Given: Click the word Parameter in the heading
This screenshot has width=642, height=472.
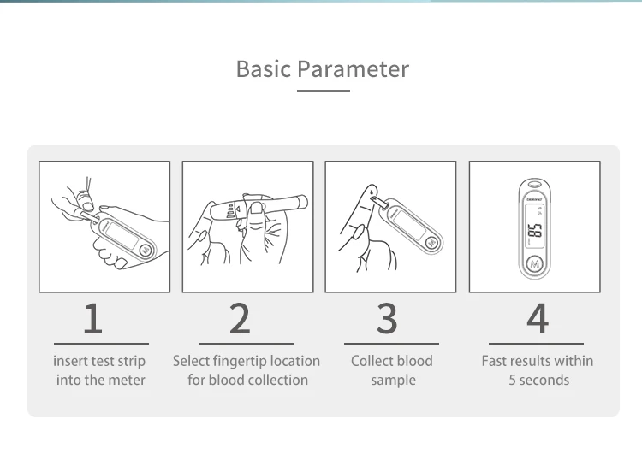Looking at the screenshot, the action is pos(353,68).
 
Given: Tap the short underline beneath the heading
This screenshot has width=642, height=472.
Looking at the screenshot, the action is pos(324,91).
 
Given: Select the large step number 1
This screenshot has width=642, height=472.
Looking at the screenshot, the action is pos(93,319).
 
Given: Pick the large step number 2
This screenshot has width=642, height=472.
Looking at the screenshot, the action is pos(240,319).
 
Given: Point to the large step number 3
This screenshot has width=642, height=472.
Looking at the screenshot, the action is pos(387,319).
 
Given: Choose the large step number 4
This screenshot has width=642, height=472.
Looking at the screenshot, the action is pos(538,319).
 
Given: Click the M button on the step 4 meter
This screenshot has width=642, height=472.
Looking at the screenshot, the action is pos(535,264).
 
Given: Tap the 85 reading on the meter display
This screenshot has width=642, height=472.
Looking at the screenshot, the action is pos(535,231).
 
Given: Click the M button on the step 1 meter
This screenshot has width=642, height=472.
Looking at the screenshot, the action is pos(146,250).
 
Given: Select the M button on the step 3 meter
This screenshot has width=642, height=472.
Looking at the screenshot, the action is pos(432,243).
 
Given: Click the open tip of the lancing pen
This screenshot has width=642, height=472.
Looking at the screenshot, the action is pos(304,202).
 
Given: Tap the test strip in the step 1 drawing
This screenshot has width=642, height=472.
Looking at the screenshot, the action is pos(87,216).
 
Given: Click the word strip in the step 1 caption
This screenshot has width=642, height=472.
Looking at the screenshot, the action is pos(132,361).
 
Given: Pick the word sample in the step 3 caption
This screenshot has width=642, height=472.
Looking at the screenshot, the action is pos(394,381).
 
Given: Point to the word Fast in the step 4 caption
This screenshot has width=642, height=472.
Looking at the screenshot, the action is pos(494,361).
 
